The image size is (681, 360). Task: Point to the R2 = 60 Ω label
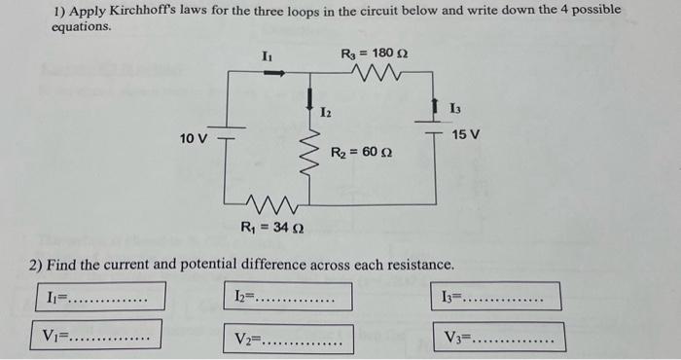pos(360,152)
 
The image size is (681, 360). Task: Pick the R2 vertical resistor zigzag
pos(312,152)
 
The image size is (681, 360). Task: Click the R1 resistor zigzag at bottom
pos(271,204)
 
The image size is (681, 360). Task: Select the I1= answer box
pos(102,296)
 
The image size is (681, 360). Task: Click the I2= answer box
pos(291,296)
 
